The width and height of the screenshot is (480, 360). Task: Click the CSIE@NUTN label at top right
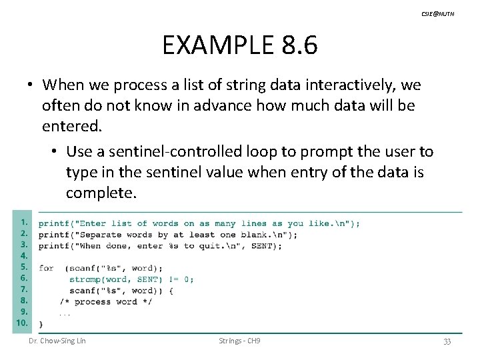point(437,13)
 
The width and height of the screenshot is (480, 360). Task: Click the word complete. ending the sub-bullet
point(101,193)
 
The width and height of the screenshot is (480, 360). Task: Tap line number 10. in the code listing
point(22,323)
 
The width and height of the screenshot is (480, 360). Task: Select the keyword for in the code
point(46,268)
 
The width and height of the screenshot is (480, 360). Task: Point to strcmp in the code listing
point(85,279)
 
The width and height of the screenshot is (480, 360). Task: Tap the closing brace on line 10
point(41,324)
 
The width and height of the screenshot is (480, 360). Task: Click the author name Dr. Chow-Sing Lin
point(57,341)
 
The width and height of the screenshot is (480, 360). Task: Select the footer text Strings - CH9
point(239,341)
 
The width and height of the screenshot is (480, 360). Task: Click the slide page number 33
point(447,341)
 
